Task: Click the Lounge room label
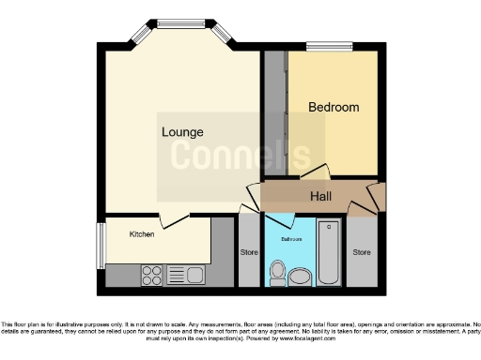coord(182,132)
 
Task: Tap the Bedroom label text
coord(334,108)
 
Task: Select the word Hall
coord(320,197)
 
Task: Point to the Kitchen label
coord(142,234)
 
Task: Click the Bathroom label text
coord(291,239)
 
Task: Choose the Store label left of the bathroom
coord(249,252)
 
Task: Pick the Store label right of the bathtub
coord(362,252)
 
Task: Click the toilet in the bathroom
coord(277,273)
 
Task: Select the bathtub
coord(329,250)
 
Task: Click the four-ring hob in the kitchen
coord(151,275)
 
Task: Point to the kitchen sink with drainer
coord(187,275)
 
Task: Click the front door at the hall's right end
coord(377,198)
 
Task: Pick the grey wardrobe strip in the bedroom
coord(275,112)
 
